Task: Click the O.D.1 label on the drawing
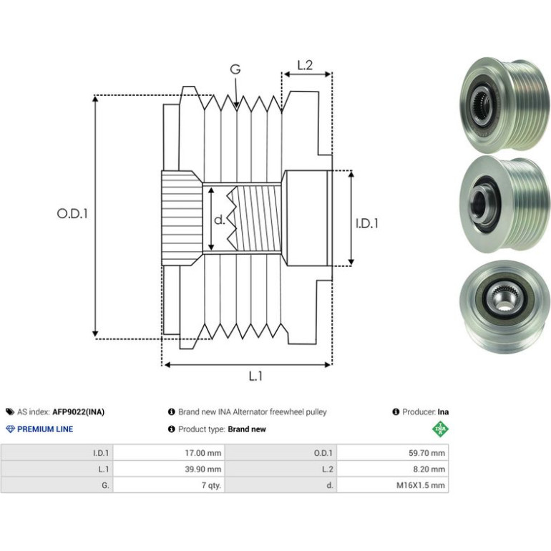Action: pos(72,213)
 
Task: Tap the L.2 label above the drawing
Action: pos(305,65)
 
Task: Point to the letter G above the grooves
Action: pos(235,69)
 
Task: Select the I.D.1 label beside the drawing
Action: pos(367,223)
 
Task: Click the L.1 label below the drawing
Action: pos(255,376)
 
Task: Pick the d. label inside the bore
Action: pos(219,220)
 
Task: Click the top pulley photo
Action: pos(504,104)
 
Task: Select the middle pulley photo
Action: pos(504,204)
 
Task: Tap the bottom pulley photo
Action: pos(504,306)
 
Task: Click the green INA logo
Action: pos(440,429)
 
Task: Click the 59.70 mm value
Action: pos(426,453)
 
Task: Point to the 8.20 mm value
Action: pos(429,469)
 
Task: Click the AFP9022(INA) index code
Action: pos(79,412)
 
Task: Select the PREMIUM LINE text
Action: pos(45,429)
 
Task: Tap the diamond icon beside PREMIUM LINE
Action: pos(11,429)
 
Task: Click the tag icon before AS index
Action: pos(10,412)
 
